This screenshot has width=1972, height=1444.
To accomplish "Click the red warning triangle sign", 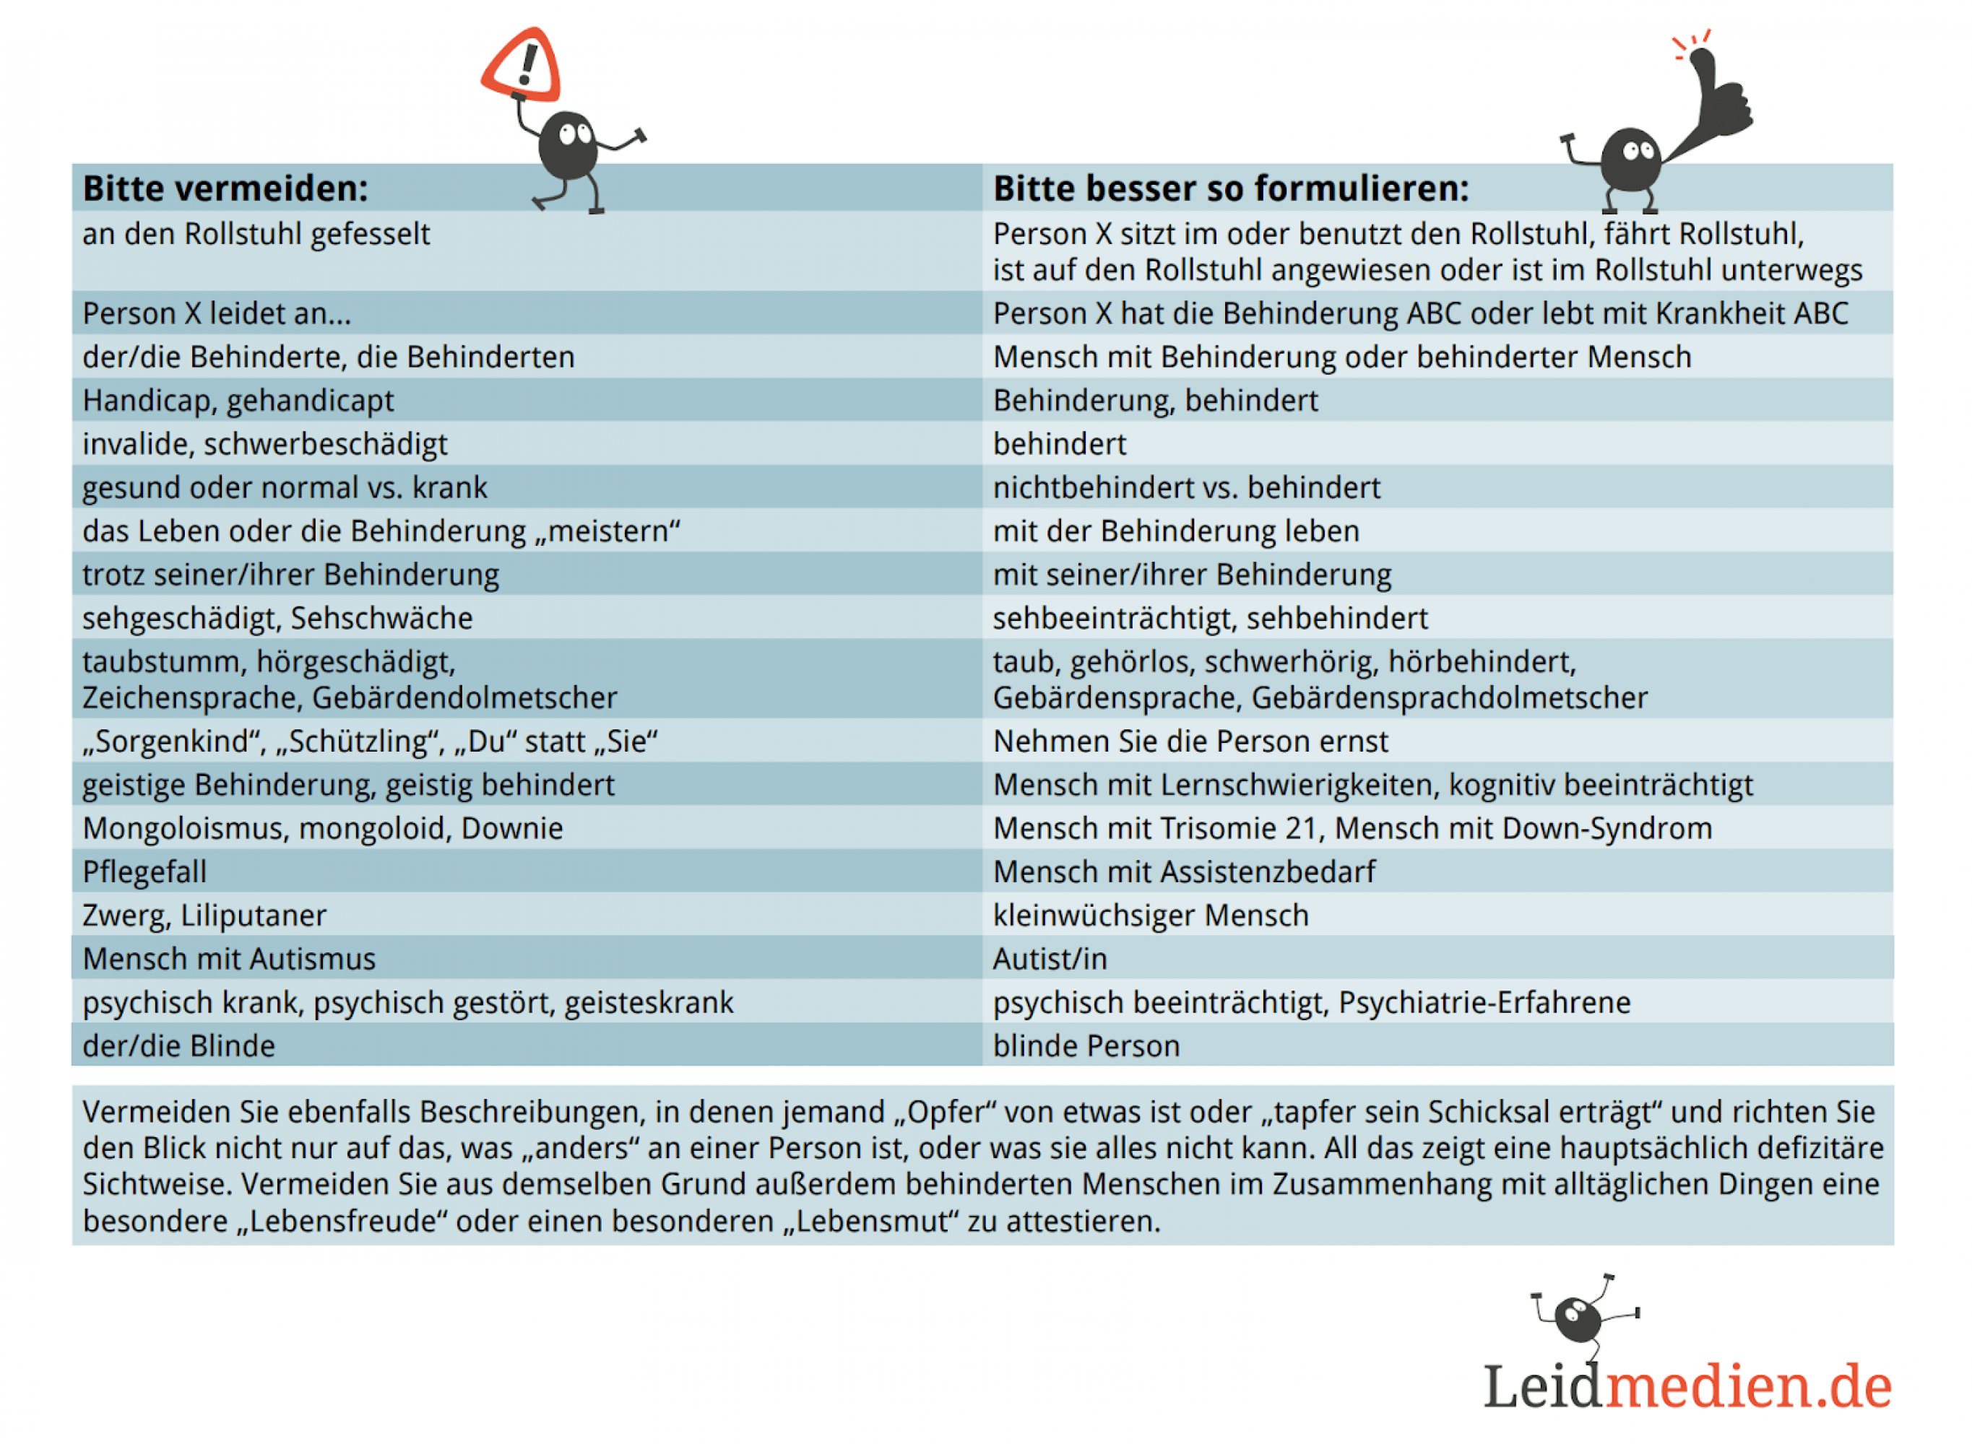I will click(522, 66).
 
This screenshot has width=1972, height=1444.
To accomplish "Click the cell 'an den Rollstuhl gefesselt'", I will click(256, 234).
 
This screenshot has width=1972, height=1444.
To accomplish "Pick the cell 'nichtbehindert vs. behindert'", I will click(1186, 488).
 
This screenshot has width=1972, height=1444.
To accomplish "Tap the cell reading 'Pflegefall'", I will click(144, 872).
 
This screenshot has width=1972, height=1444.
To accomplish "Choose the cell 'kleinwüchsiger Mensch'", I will click(1150, 916).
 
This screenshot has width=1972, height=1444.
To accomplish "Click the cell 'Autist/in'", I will click(1050, 960).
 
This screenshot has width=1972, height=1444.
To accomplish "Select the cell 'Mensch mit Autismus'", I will click(229, 960).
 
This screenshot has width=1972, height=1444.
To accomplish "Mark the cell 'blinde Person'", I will click(1086, 1046).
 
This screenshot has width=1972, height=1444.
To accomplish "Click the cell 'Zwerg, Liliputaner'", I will click(204, 916).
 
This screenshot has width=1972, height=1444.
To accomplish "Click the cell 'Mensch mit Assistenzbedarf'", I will click(1183, 872).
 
